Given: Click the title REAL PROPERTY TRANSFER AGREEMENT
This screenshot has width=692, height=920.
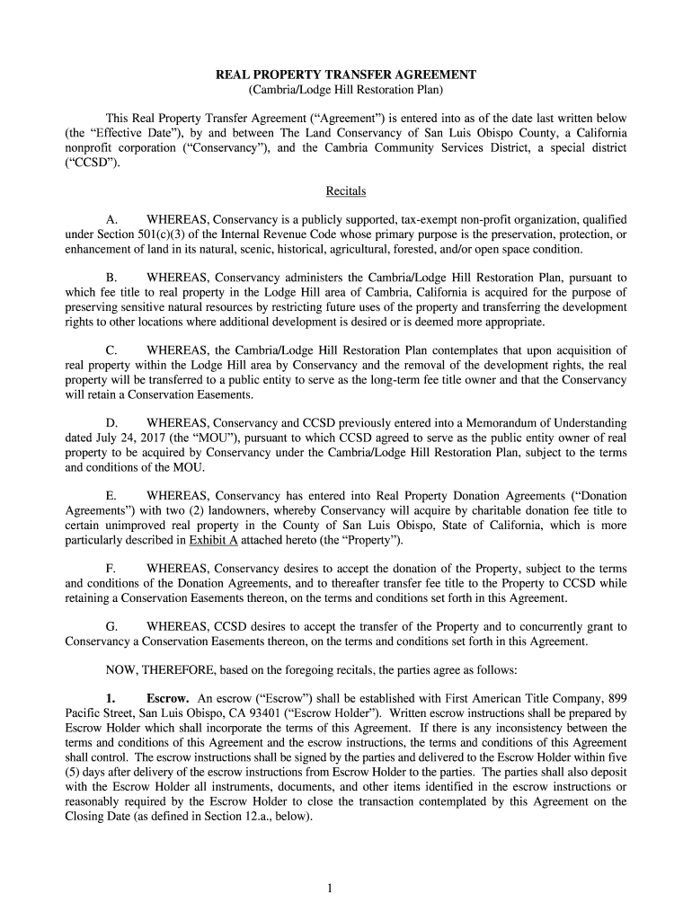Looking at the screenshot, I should (346, 75).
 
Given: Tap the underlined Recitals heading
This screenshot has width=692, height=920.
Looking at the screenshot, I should (346, 191).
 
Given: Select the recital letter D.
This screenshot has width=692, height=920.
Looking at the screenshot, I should (111, 422).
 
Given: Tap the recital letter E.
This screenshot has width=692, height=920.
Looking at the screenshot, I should (111, 496).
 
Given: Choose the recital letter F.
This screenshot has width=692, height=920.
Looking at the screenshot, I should (111, 569).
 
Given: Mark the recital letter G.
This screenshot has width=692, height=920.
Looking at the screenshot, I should (111, 626).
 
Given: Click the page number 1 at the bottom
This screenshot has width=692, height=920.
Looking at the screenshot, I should (331, 889).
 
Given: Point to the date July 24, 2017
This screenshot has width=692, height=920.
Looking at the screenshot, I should (128, 438).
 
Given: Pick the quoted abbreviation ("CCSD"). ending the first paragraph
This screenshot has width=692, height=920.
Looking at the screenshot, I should (92, 163).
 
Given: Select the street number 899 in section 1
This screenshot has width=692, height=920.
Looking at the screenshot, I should (616, 698).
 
